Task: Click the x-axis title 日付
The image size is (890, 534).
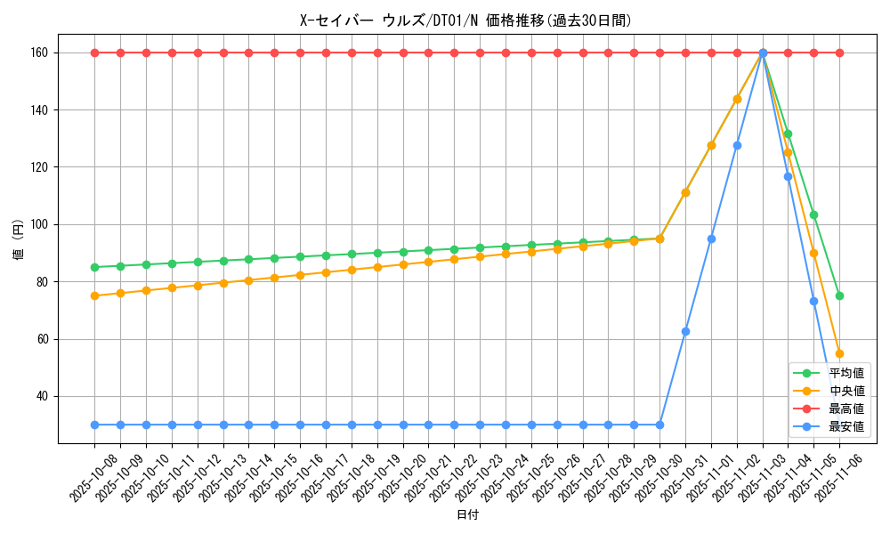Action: pos(467,515)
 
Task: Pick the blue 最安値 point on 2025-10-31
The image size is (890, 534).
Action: pos(685,331)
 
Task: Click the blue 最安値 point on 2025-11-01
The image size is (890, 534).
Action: pos(711,239)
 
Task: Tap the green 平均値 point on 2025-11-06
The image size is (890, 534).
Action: pos(839,295)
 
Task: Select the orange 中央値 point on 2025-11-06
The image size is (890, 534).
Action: pos(839,353)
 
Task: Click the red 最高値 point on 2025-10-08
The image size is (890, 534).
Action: pos(94,53)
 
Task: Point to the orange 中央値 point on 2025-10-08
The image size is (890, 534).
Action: pos(94,295)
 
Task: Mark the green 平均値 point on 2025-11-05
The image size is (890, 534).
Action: pos(813,214)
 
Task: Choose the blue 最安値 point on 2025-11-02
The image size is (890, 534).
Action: pos(737,145)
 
